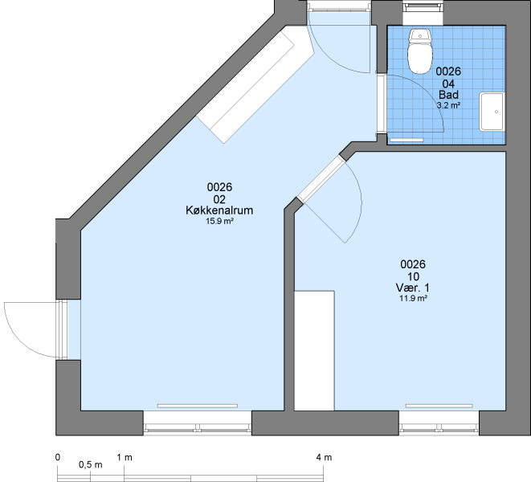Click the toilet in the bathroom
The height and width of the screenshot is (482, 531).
point(420,51)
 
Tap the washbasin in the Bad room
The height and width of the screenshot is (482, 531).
point(492,112)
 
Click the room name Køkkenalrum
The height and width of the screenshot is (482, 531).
point(219,210)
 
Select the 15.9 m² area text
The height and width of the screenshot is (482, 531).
point(220,221)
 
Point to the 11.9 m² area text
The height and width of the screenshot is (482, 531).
point(413,298)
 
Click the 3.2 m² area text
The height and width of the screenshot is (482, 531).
point(448,105)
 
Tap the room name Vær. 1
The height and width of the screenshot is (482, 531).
point(413,288)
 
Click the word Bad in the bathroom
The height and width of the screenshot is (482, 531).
point(448,95)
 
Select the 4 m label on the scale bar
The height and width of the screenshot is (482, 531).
point(324,458)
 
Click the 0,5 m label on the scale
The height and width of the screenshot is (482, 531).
point(91,464)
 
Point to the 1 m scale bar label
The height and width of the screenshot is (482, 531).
point(125,458)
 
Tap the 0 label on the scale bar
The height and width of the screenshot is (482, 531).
point(58,457)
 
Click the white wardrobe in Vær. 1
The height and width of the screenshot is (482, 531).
point(314,350)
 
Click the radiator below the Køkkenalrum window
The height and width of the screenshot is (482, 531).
point(198,406)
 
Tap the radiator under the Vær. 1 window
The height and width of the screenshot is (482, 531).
point(439,406)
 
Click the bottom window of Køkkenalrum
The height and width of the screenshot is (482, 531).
point(198,423)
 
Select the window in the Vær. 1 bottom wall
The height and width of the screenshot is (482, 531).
point(439,423)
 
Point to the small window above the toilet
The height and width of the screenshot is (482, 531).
point(423,13)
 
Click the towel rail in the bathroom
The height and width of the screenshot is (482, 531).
point(406,140)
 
